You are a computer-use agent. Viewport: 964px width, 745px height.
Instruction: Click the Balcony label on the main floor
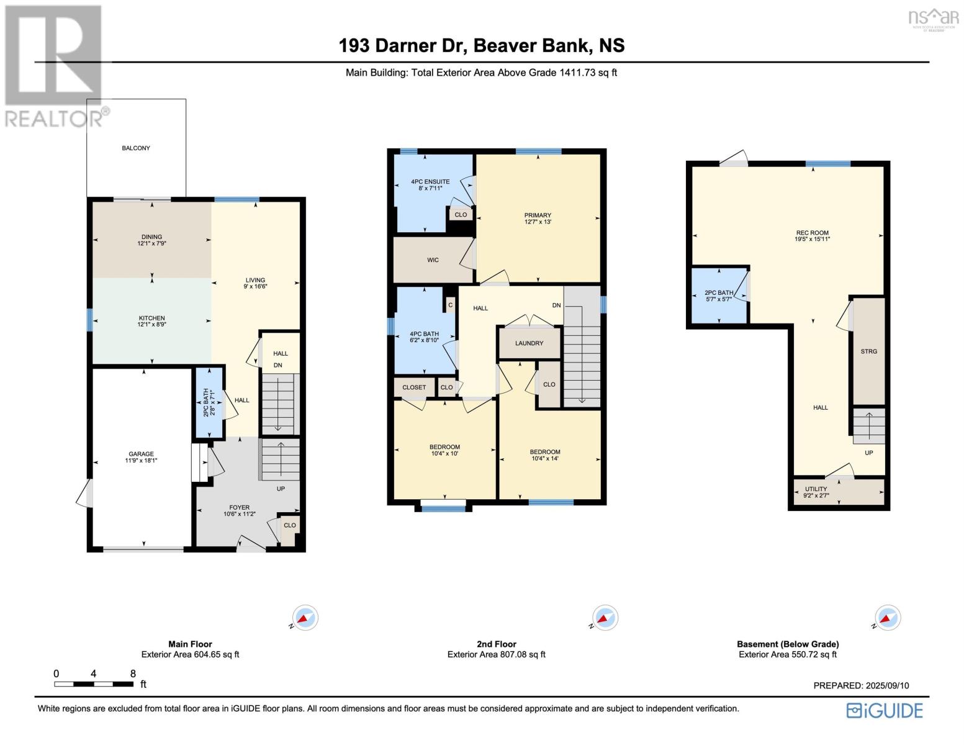[135, 148]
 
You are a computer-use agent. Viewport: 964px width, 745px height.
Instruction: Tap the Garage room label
[141, 454]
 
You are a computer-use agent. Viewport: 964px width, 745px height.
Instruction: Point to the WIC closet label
[433, 260]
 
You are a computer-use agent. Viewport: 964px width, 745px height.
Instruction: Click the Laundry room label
[529, 343]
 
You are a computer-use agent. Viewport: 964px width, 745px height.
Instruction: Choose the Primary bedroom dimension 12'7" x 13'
[538, 222]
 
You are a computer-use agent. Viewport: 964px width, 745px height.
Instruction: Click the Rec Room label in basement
[813, 233]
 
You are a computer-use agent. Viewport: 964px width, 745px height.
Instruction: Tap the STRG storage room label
[868, 351]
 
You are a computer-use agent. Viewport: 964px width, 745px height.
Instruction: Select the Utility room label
[816, 489]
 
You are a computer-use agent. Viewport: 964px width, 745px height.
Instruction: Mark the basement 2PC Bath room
[719, 296]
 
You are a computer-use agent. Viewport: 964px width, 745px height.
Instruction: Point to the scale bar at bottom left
[94, 684]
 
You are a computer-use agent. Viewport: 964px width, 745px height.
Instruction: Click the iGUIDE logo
[885, 710]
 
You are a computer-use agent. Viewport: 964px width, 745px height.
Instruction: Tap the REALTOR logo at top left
[54, 65]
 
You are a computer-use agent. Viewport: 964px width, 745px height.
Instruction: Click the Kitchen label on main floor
[151, 318]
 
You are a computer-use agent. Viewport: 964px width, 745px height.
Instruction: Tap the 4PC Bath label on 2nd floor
[424, 334]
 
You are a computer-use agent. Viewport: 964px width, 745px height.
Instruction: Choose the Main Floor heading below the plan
[190, 644]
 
